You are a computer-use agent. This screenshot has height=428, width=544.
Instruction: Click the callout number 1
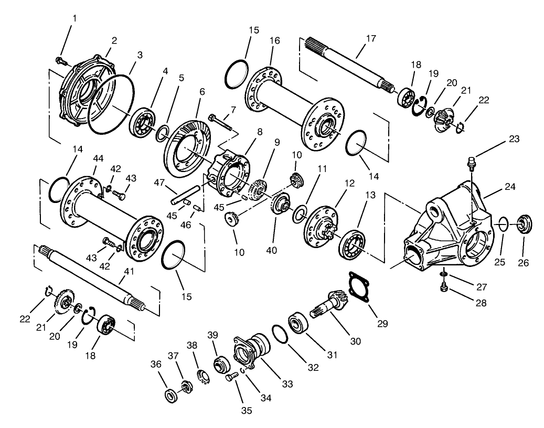(74, 18)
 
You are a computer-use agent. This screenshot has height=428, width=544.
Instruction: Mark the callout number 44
(97, 157)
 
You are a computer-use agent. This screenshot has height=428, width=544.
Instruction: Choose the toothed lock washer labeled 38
(202, 377)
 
